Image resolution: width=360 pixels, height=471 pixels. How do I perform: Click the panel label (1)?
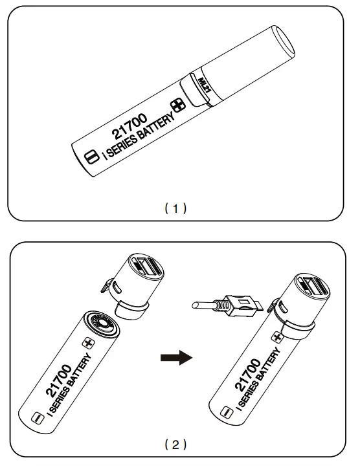(x=175, y=208)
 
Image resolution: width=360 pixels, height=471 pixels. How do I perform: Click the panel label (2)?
(x=175, y=444)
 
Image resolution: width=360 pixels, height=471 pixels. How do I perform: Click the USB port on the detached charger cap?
(x=146, y=267)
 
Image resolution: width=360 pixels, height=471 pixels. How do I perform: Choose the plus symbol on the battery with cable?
(x=276, y=337)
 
